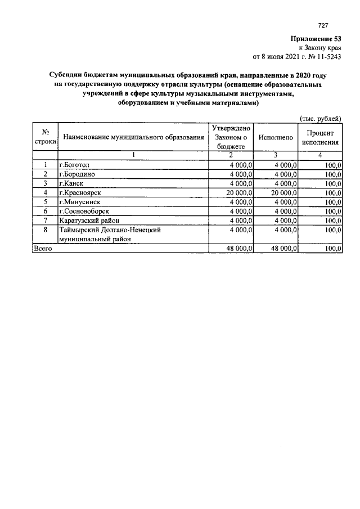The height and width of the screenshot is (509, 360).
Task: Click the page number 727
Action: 323,26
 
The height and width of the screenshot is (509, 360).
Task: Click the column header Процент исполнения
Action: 320,137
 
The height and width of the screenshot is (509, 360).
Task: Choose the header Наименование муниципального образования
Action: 133,137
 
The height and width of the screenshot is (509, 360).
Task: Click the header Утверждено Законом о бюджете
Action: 231,137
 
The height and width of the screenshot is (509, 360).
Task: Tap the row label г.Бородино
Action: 77,174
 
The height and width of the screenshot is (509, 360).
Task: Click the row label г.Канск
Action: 71,183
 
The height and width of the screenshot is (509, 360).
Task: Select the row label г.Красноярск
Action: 80,192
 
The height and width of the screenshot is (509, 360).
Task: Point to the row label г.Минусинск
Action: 79,201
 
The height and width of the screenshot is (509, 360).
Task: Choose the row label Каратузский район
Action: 88,220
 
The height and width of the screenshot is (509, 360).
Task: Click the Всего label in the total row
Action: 43,248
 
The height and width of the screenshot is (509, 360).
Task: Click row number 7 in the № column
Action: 45,220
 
